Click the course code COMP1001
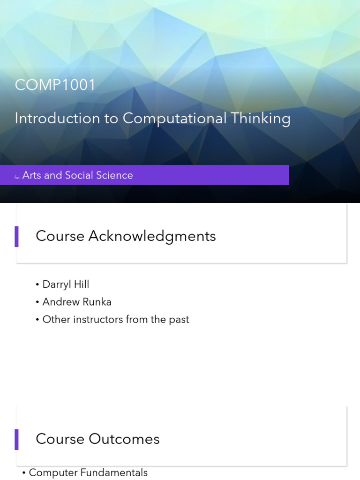(55, 85)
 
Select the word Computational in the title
(174, 118)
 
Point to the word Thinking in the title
(260, 118)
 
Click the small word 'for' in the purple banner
(17, 177)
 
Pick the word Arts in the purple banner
(32, 175)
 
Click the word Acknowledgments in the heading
(152, 236)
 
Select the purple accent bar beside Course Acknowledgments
(17, 236)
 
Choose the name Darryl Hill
(66, 285)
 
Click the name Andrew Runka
(77, 302)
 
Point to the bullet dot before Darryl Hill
(37, 285)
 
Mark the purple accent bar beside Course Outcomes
(17, 439)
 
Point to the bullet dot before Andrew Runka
(37, 302)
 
